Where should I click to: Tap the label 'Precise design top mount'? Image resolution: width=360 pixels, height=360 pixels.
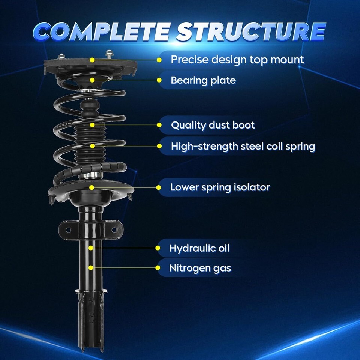pos(237,59)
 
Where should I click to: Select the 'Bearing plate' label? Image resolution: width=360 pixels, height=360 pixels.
pos(203,80)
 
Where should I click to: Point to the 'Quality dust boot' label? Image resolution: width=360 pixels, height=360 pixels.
pos(213,125)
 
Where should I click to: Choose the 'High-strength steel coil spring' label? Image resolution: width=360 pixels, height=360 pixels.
pos(243,146)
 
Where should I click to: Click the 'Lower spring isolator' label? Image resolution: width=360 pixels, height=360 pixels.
pos(220,187)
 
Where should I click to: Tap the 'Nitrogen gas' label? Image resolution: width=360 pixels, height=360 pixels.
pos(200,268)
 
